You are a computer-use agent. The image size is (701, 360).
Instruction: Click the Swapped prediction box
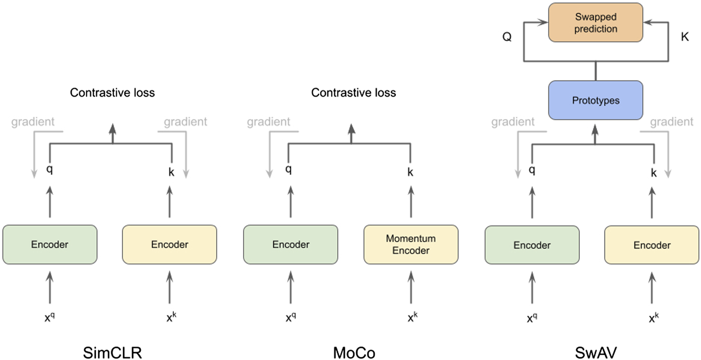coord(595,22)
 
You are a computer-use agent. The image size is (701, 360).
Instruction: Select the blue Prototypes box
coord(595,100)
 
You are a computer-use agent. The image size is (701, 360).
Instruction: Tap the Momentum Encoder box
coord(411,244)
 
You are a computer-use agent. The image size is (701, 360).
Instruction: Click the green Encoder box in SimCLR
coord(50,244)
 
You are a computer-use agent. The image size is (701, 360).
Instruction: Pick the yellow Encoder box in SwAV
coord(651,245)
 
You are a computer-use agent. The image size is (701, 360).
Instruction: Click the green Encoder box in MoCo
coord(290,244)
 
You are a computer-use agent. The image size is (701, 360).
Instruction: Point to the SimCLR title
coord(112,353)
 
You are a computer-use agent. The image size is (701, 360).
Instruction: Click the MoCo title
coord(354,353)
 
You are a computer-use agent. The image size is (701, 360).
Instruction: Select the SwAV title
coord(596,353)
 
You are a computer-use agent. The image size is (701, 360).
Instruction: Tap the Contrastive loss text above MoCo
coord(353,93)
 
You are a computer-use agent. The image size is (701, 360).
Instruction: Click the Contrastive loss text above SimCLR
coord(112,93)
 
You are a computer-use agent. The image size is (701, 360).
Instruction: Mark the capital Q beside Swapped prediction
coord(507,37)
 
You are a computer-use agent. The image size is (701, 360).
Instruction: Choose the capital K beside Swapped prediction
coord(685,37)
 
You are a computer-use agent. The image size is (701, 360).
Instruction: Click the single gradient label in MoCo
coord(268,121)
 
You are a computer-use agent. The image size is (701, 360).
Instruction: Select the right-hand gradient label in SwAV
coord(671,121)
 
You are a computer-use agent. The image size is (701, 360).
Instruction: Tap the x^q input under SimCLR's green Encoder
coord(50,318)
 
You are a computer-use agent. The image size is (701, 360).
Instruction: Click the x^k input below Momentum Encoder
coord(412,318)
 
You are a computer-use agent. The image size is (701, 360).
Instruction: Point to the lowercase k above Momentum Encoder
coord(410,172)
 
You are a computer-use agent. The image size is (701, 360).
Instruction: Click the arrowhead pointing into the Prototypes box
coord(595,129)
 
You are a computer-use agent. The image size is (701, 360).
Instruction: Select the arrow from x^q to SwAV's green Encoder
coord(532,288)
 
